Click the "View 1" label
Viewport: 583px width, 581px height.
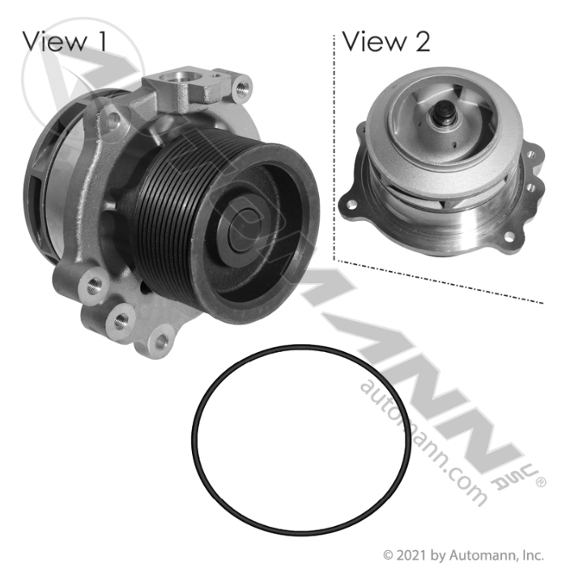(65, 41)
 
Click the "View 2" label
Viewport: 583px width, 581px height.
(386, 41)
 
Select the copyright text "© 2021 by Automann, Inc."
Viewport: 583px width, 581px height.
(463, 556)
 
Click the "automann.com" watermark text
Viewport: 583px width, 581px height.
(423, 442)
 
